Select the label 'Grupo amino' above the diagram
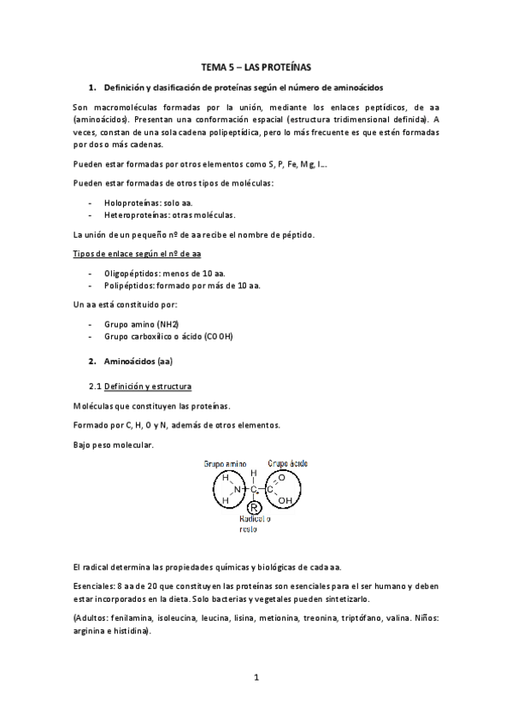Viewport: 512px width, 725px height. coord(224,463)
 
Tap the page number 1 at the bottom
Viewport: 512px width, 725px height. coord(256,677)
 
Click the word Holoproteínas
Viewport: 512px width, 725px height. coord(132,203)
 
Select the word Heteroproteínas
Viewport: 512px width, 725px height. coord(137,215)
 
